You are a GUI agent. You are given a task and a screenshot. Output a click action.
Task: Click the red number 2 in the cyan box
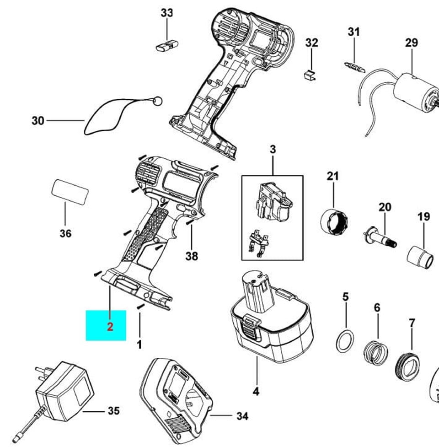pos(110,327)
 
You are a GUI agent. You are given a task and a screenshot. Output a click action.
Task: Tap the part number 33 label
pos(167,13)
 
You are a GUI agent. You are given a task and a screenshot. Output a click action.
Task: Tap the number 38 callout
pos(192,256)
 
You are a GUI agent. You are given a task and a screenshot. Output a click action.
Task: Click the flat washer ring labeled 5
pos(345,341)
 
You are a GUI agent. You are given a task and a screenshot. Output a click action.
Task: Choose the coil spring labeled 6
pos(375,352)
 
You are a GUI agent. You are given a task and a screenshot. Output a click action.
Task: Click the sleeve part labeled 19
pos(420,258)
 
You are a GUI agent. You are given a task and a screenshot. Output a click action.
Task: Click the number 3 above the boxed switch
pos(273,150)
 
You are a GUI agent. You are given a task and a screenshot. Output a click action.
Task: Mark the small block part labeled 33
pos(166,46)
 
